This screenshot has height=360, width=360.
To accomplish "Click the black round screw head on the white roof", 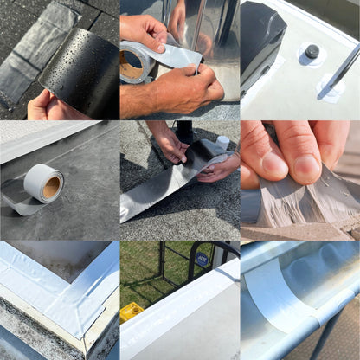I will pyautogui.click(x=312, y=52).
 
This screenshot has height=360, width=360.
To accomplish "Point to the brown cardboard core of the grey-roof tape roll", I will pyautogui.click(x=51, y=184).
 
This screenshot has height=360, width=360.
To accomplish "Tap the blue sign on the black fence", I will pyautogui.click(x=201, y=258).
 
